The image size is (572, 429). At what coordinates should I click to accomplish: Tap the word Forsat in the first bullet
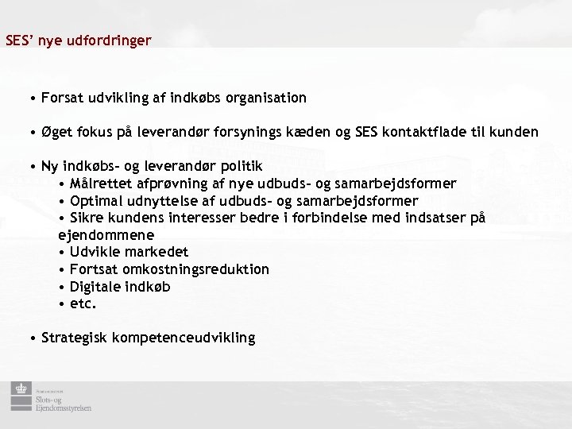pyautogui.click(x=61, y=98)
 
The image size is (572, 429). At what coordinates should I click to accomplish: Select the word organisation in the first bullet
pyautogui.click(x=266, y=98)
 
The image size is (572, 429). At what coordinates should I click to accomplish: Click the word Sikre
pyautogui.click(x=87, y=218)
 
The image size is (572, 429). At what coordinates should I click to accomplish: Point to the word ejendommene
pyautogui.click(x=106, y=235)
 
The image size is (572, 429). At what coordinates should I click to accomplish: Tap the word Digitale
pyautogui.click(x=95, y=286)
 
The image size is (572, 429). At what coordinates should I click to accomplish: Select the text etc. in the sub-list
pyautogui.click(x=83, y=303)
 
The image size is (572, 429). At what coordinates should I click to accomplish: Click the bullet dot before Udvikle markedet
pyautogui.click(x=62, y=253)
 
